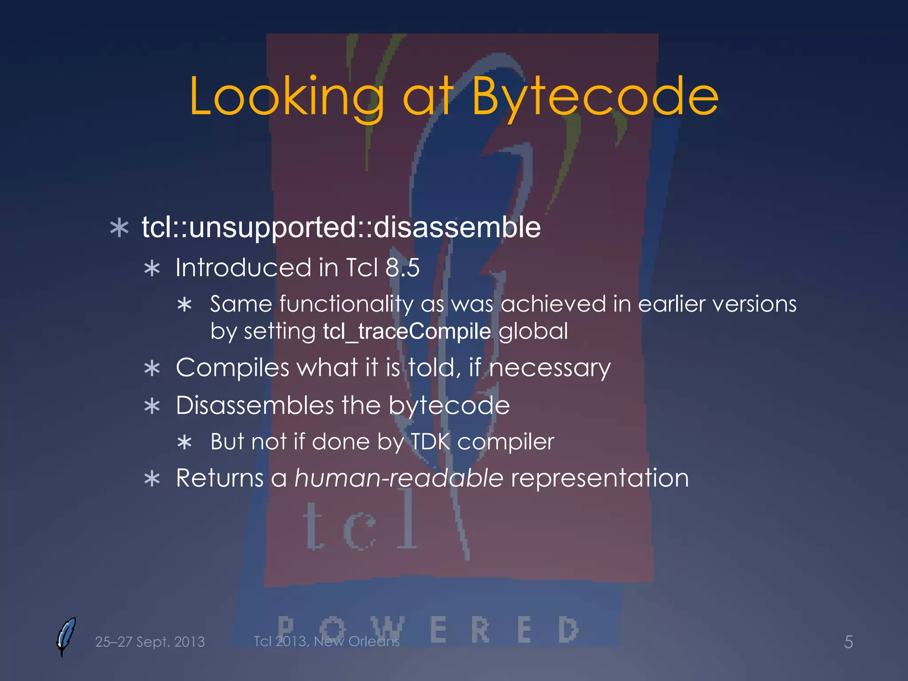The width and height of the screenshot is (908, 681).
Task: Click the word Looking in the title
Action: click(x=286, y=97)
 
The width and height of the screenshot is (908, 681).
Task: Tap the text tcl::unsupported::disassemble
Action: click(x=341, y=227)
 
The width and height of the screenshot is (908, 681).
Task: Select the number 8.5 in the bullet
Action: click(x=402, y=268)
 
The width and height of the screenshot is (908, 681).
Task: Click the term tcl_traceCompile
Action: click(x=407, y=331)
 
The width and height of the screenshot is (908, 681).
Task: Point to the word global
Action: click(x=533, y=331)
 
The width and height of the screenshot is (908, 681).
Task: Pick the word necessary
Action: click(x=549, y=368)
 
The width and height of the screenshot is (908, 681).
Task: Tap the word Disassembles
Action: click(x=254, y=405)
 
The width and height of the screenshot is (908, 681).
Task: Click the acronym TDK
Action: click(x=430, y=442)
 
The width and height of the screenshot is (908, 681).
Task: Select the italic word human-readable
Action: click(x=399, y=478)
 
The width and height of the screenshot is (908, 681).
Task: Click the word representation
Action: click(x=600, y=478)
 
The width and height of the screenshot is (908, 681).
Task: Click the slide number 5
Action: click(x=848, y=642)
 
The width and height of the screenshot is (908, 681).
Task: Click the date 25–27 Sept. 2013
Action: click(x=150, y=642)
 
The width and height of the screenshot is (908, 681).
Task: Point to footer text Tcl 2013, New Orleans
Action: click(x=326, y=641)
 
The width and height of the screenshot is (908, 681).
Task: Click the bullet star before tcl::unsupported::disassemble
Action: click(x=119, y=228)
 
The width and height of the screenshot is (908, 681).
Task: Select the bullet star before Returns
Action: click(x=152, y=479)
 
